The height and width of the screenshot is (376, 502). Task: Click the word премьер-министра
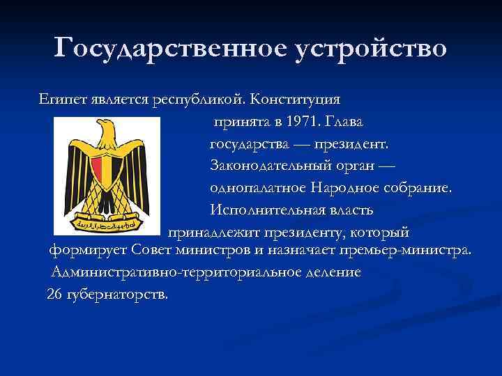[406, 249]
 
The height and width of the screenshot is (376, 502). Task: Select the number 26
[54, 294]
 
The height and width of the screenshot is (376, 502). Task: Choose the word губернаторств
[116, 294]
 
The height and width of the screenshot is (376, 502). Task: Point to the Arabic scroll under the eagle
[105, 225]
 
